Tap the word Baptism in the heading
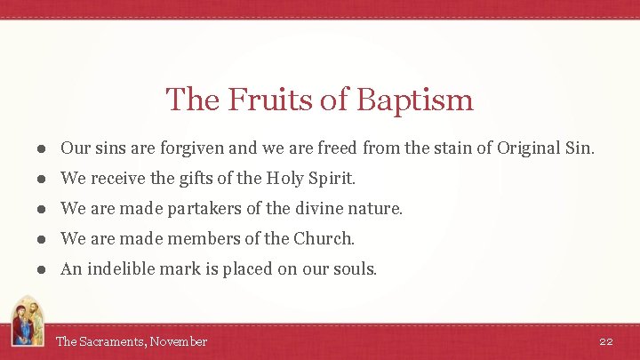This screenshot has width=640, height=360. tap(414, 100)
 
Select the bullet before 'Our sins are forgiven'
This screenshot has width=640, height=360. tap(43, 148)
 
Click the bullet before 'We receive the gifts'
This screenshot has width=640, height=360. tap(43, 179)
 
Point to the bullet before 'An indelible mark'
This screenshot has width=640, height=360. tap(43, 269)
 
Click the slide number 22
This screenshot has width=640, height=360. tap(606, 341)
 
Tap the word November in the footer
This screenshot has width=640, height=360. tap(179, 341)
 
